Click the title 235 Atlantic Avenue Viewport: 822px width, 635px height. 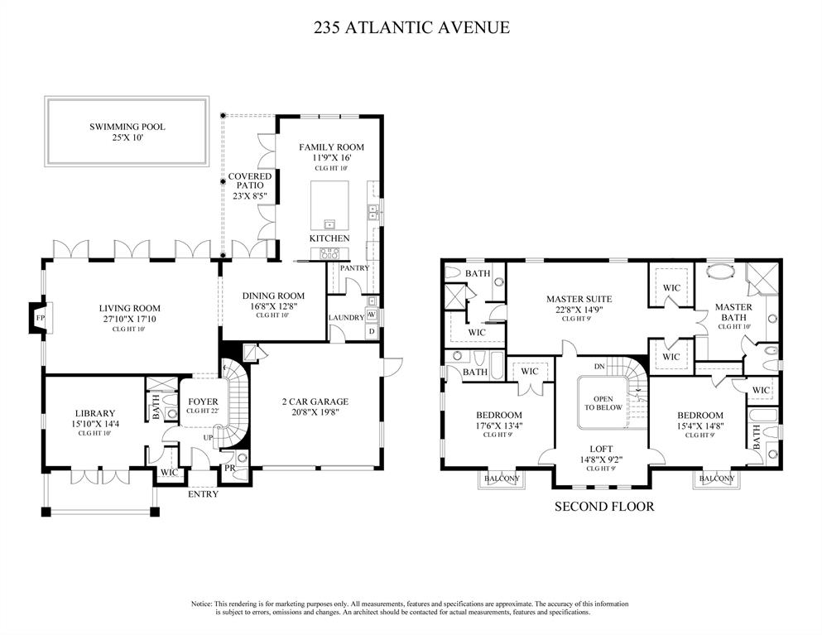(x=411, y=27)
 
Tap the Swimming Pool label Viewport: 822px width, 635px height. (x=127, y=127)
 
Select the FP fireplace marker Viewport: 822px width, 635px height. (x=40, y=318)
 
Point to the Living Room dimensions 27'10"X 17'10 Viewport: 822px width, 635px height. (x=129, y=318)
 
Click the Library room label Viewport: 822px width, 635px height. (x=95, y=413)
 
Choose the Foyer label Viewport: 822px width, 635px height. (x=203, y=402)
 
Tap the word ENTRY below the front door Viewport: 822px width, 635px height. (x=203, y=494)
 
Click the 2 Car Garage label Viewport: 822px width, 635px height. (x=315, y=402)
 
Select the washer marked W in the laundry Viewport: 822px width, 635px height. (x=372, y=314)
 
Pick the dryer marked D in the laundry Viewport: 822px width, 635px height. (x=372, y=331)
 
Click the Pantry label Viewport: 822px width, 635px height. (x=354, y=268)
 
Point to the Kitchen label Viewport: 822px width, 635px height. (x=329, y=238)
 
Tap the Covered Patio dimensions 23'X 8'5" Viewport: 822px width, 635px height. (x=250, y=196)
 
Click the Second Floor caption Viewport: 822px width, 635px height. (x=604, y=506)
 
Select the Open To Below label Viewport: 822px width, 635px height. (x=603, y=402)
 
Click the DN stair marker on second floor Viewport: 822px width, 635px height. (x=599, y=367)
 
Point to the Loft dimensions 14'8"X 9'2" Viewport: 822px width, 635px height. (x=601, y=459)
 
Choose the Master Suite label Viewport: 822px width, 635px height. (x=579, y=299)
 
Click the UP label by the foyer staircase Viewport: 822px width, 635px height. (x=209, y=437)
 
